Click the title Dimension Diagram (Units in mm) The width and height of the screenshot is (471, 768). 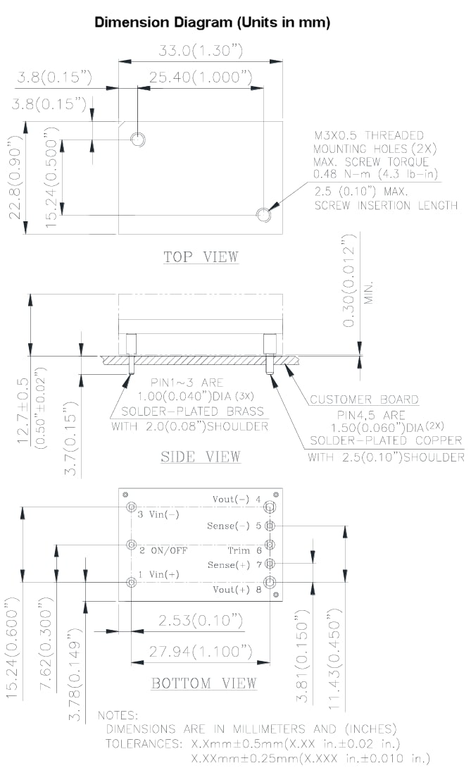pyautogui.click(x=213, y=23)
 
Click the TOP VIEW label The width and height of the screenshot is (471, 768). pyautogui.click(x=201, y=256)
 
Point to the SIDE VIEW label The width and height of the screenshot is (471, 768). pyautogui.click(x=201, y=457)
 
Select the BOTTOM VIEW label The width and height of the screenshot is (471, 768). pyautogui.click(x=204, y=683)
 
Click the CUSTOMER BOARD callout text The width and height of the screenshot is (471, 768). pyautogui.click(x=364, y=400)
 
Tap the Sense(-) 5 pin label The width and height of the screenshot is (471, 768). pyautogui.click(x=233, y=526)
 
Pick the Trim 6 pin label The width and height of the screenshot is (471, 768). pyautogui.click(x=244, y=550)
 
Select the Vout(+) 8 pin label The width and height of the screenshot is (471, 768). pyautogui.click(x=237, y=589)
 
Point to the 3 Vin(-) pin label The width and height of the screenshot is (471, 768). pyautogui.click(x=159, y=514)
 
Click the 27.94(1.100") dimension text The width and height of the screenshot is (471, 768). pyautogui.click(x=200, y=649)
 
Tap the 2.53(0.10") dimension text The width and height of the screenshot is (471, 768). pyautogui.click(x=190, y=621)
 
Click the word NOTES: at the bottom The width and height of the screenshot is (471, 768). pyautogui.click(x=118, y=715)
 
